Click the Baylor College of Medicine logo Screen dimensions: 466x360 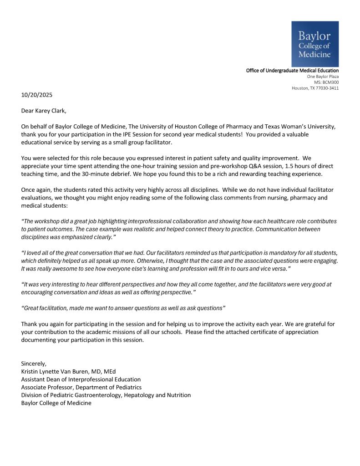pyautogui.click(x=314, y=44)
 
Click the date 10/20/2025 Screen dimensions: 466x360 pyautogui.click(x=37, y=95)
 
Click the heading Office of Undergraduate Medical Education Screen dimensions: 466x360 pyautogui.click(x=292, y=71)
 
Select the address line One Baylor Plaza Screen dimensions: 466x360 pyautogui.click(x=323, y=77)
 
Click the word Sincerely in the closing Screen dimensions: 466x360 pyautogui.click(x=34, y=363)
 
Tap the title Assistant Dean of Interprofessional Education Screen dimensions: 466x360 pyautogui.click(x=81, y=379)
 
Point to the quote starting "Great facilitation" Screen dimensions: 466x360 pyautogui.click(x=123, y=308)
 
